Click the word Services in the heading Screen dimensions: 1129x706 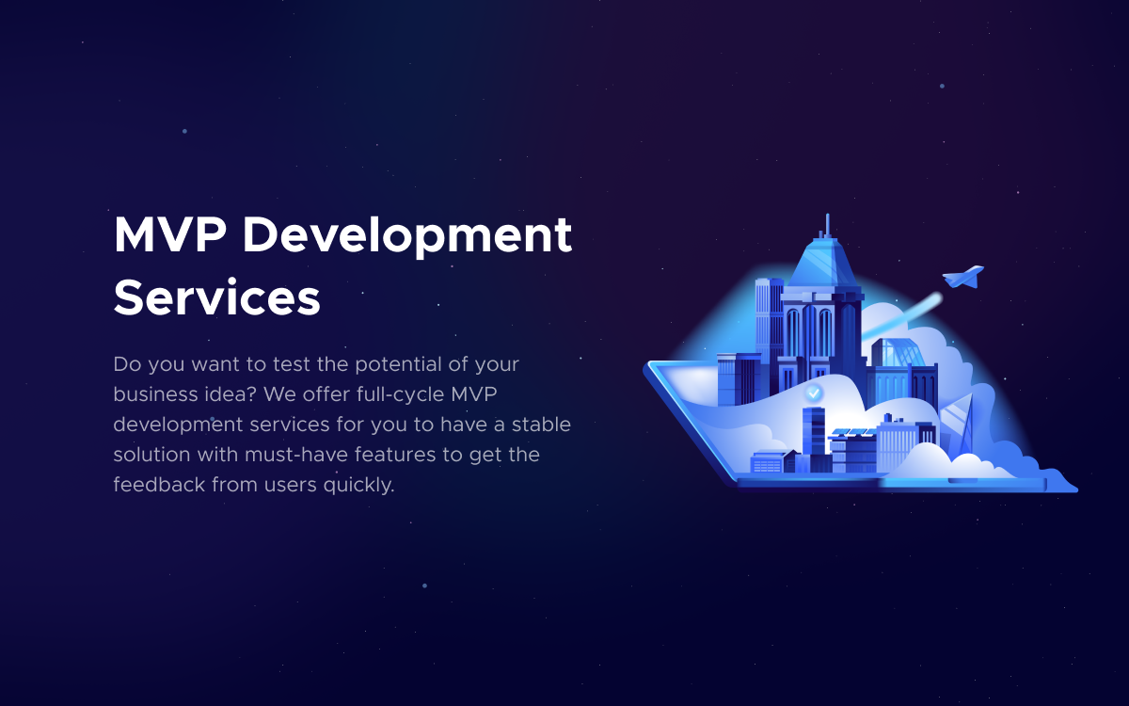pos(217,298)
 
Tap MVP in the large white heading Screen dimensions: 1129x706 pos(170,234)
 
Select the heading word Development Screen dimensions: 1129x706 pos(407,236)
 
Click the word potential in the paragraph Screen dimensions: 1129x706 pos(398,364)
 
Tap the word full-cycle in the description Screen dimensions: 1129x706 pos(400,394)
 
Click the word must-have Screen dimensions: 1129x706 pos(296,455)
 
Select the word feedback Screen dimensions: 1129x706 pos(159,484)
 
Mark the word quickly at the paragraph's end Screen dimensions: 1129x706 pos(358,485)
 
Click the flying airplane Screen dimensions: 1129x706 pos(963,277)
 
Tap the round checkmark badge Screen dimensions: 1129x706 pos(813,393)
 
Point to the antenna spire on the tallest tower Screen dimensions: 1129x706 pos(827,226)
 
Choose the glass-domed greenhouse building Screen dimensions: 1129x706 pos(899,352)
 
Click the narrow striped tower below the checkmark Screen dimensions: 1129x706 pos(814,439)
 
